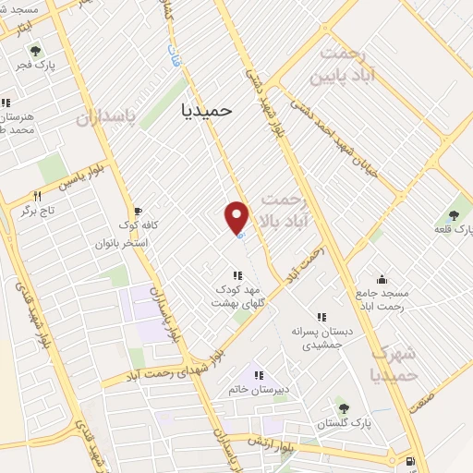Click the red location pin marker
pyautogui.click(x=237, y=218)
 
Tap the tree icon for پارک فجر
pyautogui.click(x=35, y=52)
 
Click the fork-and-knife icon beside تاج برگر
pyautogui.click(x=38, y=196)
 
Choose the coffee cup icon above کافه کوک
pyautogui.click(x=139, y=211)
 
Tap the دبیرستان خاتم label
pyautogui.click(x=260, y=389)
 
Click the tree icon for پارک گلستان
pyautogui.click(x=343, y=406)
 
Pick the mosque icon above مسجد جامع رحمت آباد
pyautogui.click(x=382, y=279)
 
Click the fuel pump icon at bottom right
pyautogui.click(x=410, y=461)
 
